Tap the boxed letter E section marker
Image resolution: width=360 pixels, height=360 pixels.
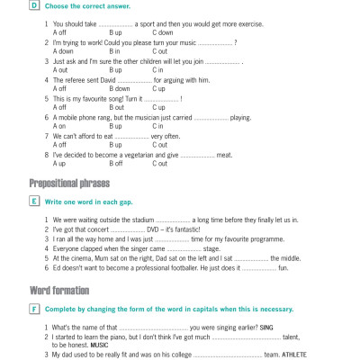click(33, 201)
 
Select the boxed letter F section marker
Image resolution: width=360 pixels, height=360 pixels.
click(33, 309)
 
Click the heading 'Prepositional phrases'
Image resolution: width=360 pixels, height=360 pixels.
click(69, 184)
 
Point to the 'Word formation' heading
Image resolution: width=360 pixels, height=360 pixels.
click(58, 291)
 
